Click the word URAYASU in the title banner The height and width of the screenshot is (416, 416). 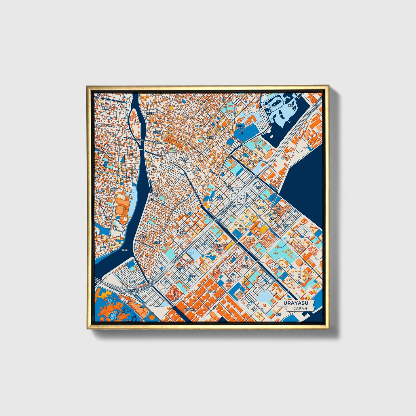(x=295, y=303)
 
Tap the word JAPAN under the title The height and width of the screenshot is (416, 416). (x=300, y=308)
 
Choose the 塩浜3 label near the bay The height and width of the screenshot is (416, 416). (x=284, y=158)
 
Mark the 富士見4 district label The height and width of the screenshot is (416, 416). (x=157, y=242)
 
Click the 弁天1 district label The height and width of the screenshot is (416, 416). (x=182, y=267)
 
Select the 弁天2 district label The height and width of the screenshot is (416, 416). (x=192, y=276)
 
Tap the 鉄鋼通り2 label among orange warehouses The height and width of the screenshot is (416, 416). (x=189, y=310)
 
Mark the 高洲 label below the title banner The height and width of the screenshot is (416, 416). (x=278, y=314)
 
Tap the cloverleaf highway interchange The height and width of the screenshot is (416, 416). (x=242, y=196)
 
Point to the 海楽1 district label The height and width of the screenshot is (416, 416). (x=221, y=199)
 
